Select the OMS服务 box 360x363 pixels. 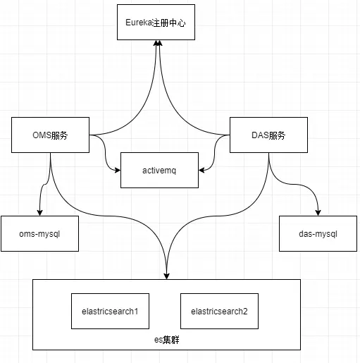(50, 135)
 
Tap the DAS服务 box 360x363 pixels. (268, 135)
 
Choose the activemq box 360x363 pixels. (159, 170)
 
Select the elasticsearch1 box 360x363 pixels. (110, 311)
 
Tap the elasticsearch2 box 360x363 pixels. (219, 311)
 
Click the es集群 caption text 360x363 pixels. (167, 340)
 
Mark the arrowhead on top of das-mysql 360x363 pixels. (318, 212)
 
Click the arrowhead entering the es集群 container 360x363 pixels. (166, 275)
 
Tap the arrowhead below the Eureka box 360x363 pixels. (160, 44)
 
